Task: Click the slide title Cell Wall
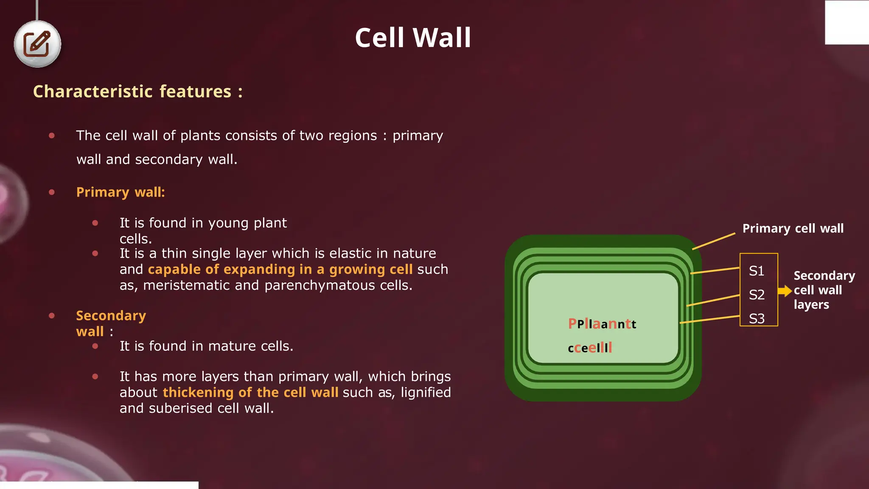point(413,38)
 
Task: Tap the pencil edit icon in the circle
point(37,44)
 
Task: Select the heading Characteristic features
point(137,92)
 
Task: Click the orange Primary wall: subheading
point(121,192)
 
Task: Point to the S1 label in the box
point(757,271)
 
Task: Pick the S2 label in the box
point(757,295)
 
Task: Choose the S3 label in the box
point(757,318)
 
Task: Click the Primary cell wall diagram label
point(793,228)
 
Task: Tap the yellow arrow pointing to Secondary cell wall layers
point(785,291)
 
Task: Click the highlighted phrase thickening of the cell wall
point(250,393)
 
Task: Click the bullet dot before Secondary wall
point(52,315)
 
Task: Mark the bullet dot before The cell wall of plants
point(52,136)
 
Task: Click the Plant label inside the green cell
point(602,324)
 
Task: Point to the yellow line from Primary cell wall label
point(714,241)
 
